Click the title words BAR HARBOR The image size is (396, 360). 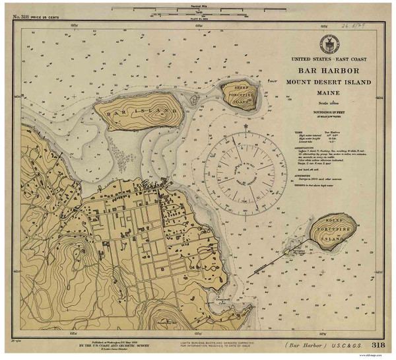(x=328, y=71)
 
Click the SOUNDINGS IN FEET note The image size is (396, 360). (x=328, y=116)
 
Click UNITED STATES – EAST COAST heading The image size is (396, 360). (x=328, y=60)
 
